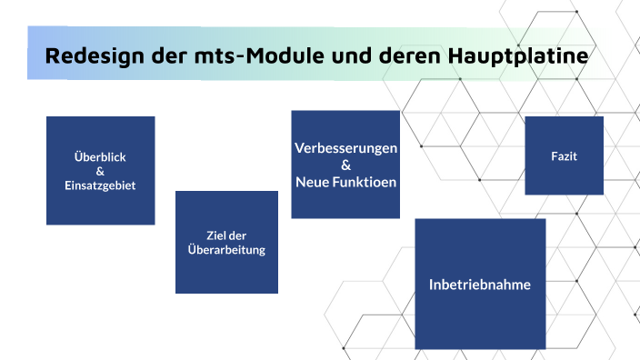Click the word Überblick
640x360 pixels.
click(100, 156)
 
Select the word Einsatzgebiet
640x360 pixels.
click(100, 185)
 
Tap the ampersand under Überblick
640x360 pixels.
click(100, 171)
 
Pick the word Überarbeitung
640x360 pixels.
click(226, 249)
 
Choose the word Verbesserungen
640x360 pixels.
click(345, 148)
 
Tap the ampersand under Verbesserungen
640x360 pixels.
click(345, 165)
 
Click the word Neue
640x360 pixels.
click(314, 182)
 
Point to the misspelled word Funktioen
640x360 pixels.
click(365, 182)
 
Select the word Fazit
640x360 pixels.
click(564, 156)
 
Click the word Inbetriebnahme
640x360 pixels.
click(480, 285)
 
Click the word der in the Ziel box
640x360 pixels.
click(237, 235)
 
